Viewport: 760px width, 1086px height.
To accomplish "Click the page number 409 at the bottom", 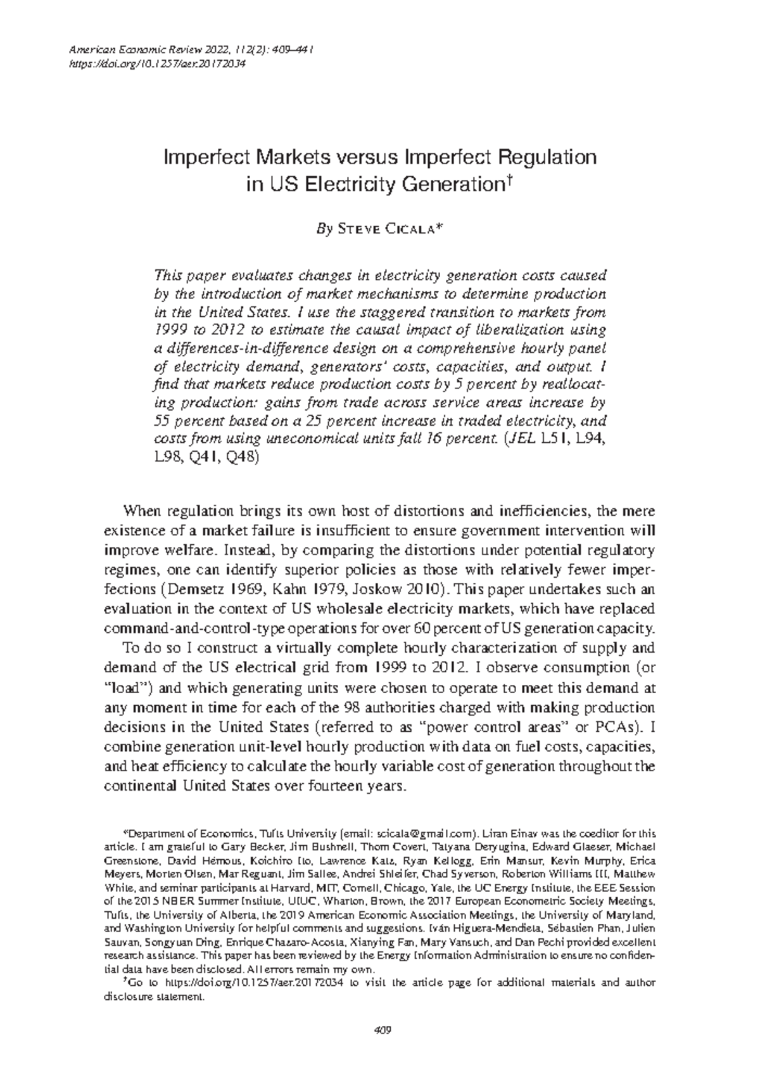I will (380, 1029).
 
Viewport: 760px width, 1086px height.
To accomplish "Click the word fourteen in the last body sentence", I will (334, 786).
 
